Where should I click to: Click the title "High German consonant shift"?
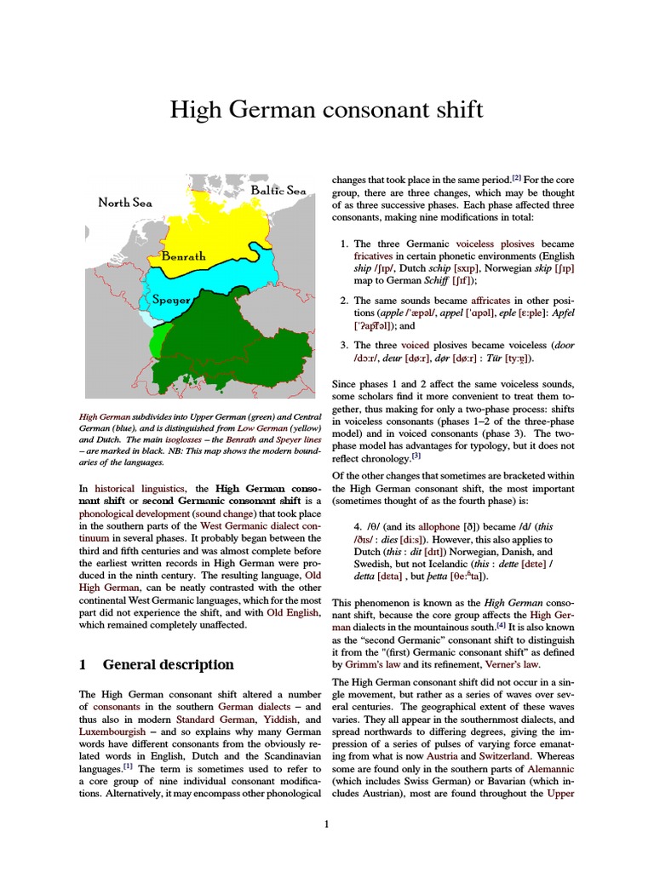pos(327,110)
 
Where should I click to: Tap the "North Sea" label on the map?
pos(125,202)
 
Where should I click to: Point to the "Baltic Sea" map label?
pos(278,190)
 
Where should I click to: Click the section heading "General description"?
pos(168,664)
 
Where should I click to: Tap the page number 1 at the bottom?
pos(326,823)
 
